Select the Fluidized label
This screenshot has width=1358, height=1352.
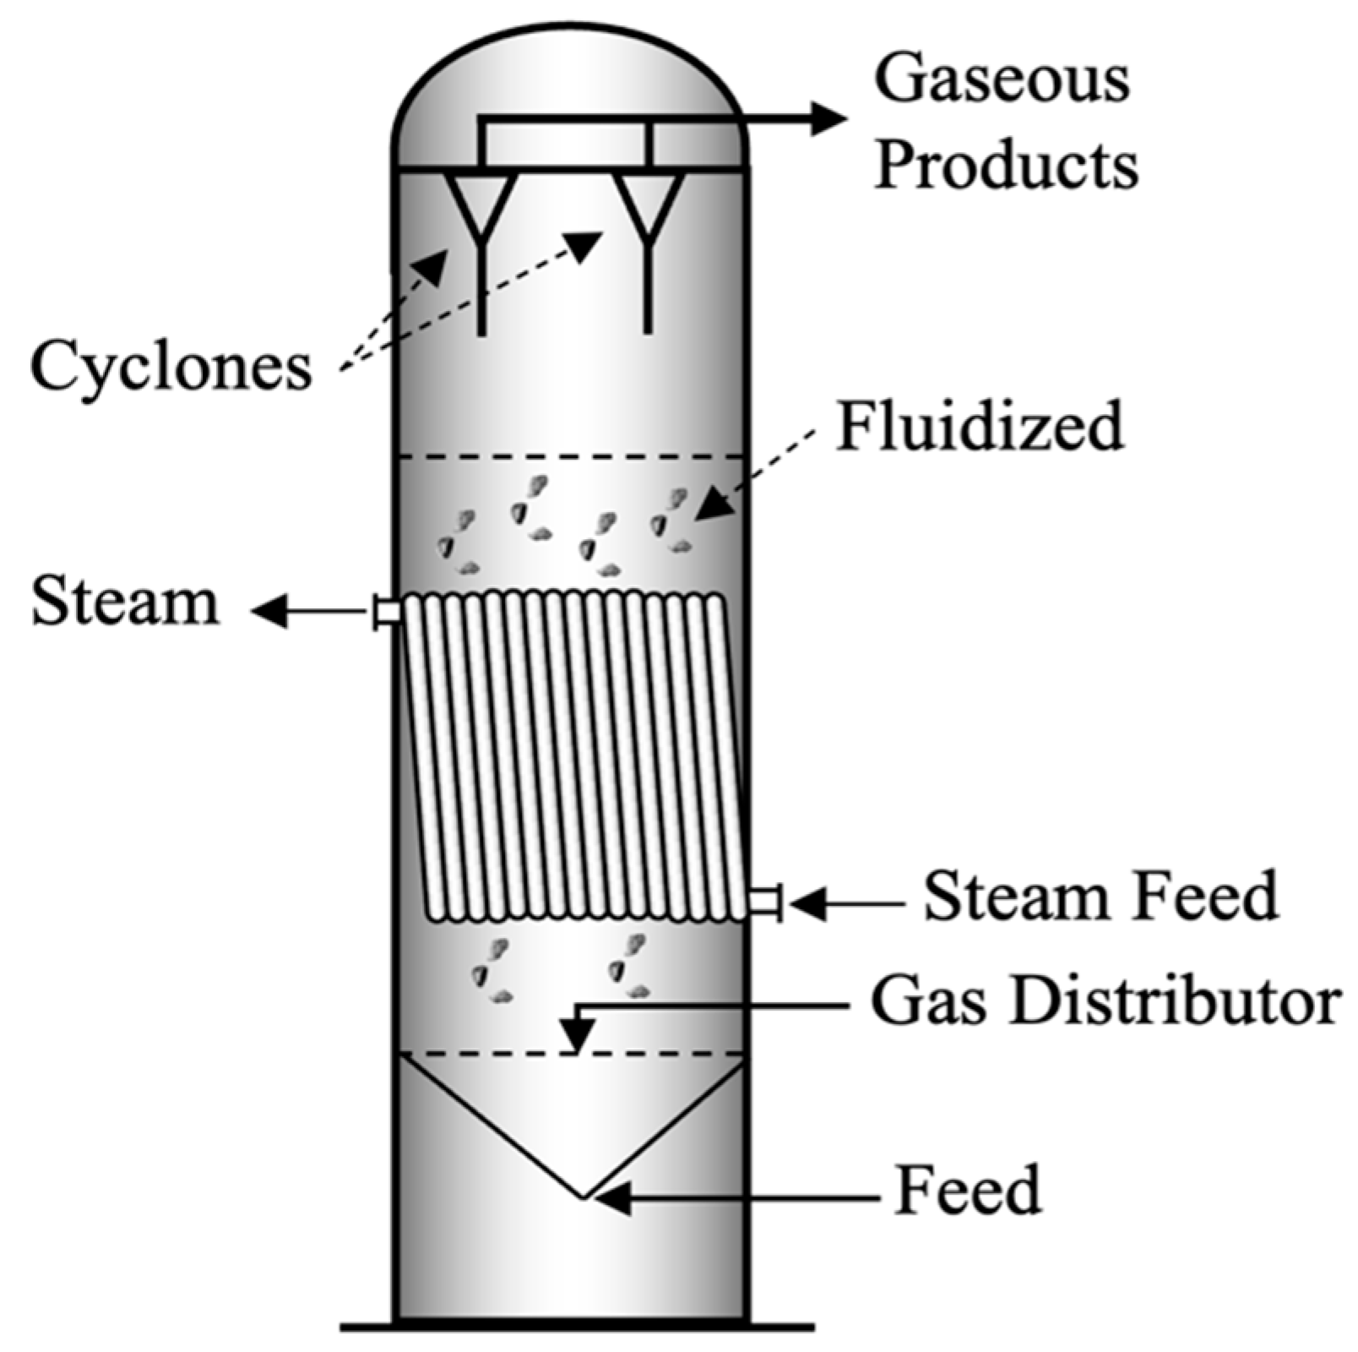[x=980, y=427]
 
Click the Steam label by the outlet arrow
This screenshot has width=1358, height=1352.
[x=125, y=602]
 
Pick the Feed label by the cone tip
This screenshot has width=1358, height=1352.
[x=968, y=1190]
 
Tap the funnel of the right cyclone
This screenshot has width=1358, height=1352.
[x=648, y=203]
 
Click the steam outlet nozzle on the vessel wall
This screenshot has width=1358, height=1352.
[x=387, y=611]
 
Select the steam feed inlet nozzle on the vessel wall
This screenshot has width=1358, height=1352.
[x=765, y=902]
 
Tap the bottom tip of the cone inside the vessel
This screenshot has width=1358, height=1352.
[x=583, y=1196]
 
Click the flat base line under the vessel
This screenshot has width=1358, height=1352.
[x=577, y=1326]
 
